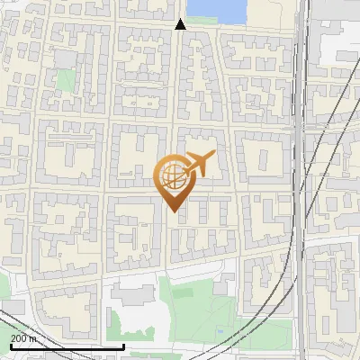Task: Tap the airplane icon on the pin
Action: (x=198, y=164)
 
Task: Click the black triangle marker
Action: (x=180, y=24)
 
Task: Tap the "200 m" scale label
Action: (x=23, y=338)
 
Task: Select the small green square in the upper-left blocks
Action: (x=64, y=79)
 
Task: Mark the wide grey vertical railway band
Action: (x=299, y=180)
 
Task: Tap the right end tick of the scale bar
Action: (x=122, y=345)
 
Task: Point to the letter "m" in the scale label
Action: (x=33, y=338)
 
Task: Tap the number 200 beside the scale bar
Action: (x=19, y=338)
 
